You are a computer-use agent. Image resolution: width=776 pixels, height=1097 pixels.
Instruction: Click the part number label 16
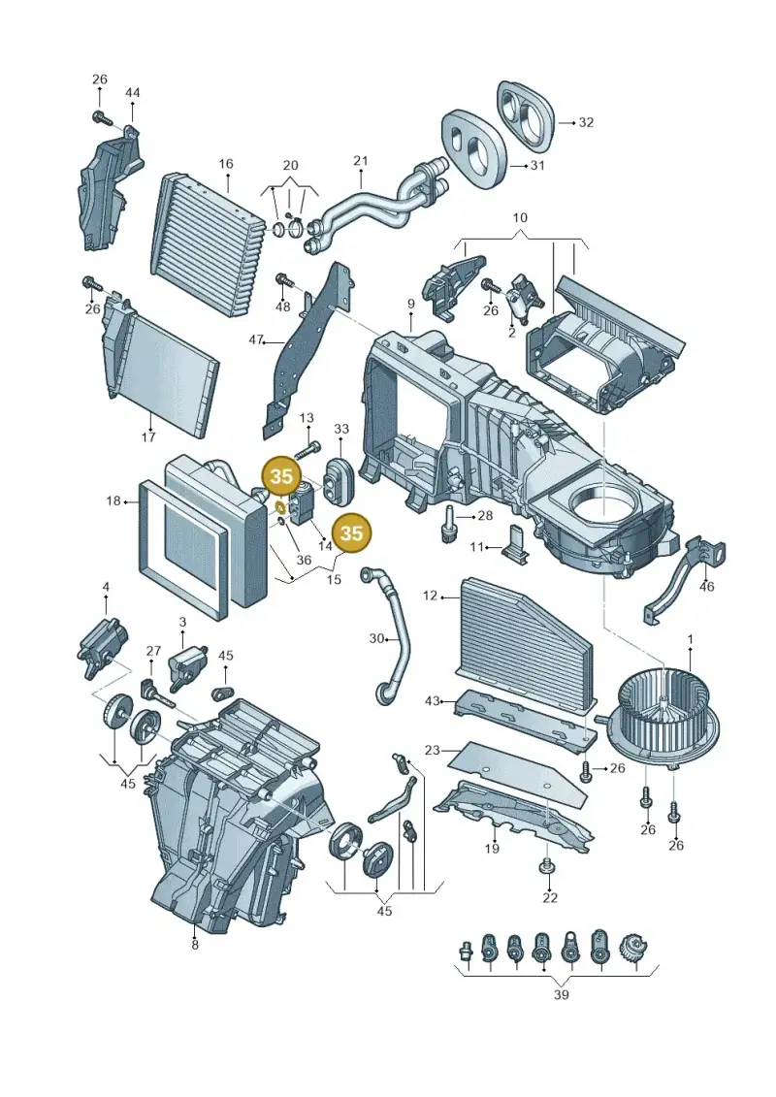click(225, 164)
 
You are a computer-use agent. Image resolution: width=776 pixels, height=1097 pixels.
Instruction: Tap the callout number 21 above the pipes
click(361, 161)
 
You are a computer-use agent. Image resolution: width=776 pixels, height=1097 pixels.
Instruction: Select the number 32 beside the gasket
click(587, 122)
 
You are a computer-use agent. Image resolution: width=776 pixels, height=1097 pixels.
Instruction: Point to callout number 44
click(132, 93)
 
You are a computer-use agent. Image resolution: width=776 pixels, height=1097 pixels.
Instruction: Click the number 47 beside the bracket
click(256, 340)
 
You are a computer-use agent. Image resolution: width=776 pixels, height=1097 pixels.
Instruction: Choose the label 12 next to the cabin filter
click(431, 596)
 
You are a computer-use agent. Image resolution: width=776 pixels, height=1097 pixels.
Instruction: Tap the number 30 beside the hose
click(377, 638)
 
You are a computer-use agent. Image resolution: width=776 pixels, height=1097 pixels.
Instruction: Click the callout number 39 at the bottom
click(562, 994)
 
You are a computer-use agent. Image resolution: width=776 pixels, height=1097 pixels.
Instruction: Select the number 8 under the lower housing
click(195, 945)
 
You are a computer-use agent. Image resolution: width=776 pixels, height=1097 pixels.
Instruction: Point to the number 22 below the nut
click(550, 897)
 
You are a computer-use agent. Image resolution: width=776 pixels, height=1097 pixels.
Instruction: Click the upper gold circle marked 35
click(281, 476)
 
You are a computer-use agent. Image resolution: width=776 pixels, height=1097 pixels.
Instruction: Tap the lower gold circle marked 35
click(351, 533)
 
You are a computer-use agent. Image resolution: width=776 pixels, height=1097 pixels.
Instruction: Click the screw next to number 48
click(282, 280)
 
